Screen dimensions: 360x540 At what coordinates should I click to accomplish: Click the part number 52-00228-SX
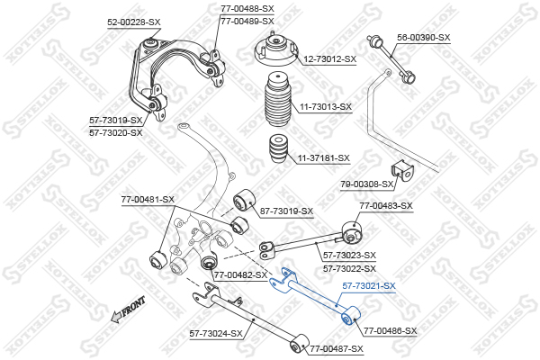click(x=134, y=20)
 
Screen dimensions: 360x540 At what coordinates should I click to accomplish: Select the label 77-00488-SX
click(x=247, y=8)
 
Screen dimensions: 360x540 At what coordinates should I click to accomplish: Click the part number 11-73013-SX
click(x=326, y=107)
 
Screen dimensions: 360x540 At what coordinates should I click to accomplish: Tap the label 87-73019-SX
click(x=286, y=211)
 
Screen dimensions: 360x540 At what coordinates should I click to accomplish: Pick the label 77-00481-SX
click(x=148, y=199)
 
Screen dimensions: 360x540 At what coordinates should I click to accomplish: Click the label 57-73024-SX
click(x=216, y=333)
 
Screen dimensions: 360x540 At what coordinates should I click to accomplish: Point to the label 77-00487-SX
click(x=337, y=348)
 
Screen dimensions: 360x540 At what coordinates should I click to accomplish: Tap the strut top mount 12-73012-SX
click(x=273, y=55)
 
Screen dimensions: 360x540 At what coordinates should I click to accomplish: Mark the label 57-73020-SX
click(x=115, y=132)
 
